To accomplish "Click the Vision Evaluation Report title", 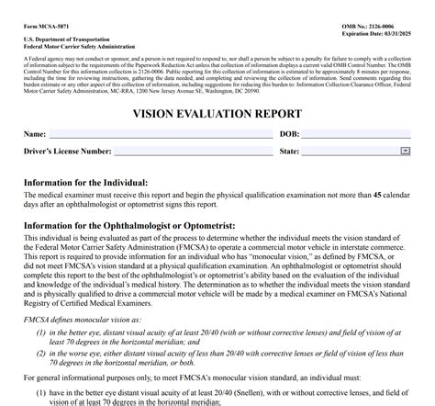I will [217, 114].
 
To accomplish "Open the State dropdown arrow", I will [405, 151].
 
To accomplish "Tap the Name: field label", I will [35, 135].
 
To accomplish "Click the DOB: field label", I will [289, 135].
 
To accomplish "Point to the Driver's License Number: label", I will [68, 152].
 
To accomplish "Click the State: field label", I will [289, 152].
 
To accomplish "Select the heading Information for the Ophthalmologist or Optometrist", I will [129, 225].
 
